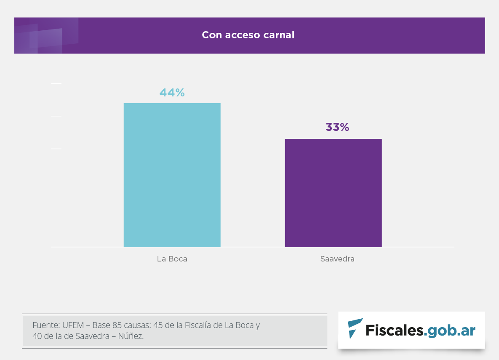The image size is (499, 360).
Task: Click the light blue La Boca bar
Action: [172, 175]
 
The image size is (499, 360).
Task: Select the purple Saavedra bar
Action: [333, 193]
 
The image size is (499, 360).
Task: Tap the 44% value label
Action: [172, 93]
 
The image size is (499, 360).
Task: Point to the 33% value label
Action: [337, 127]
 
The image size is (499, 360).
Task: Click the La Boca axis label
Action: [172, 259]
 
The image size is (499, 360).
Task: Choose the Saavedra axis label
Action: [337, 259]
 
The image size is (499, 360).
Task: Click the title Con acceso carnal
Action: [248, 35]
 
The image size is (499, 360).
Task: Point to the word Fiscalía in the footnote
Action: [201, 325]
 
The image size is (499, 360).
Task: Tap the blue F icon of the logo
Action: [355, 329]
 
